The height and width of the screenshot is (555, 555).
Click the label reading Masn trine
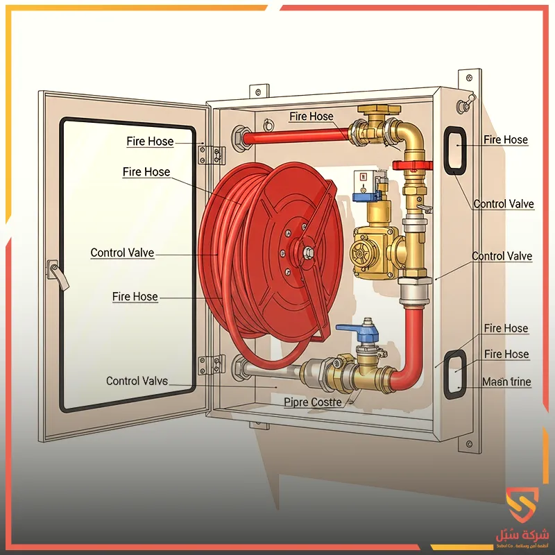pyautogui.click(x=506, y=382)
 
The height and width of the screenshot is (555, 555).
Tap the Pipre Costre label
pyautogui.click(x=312, y=402)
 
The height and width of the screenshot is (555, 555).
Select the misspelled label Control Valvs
pyautogui.click(x=137, y=381)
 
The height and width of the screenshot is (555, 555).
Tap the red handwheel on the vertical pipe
pyautogui.click(x=413, y=165)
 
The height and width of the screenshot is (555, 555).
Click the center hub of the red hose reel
pyautogui.click(x=305, y=251)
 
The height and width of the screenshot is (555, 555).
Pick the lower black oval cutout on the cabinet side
pyautogui.click(x=455, y=375)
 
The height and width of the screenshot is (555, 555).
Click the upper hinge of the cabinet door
pyautogui.click(x=210, y=154)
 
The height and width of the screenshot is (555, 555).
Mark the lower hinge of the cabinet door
pyautogui.click(x=210, y=366)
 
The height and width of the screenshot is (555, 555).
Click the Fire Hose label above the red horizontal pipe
pyautogui.click(x=311, y=117)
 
